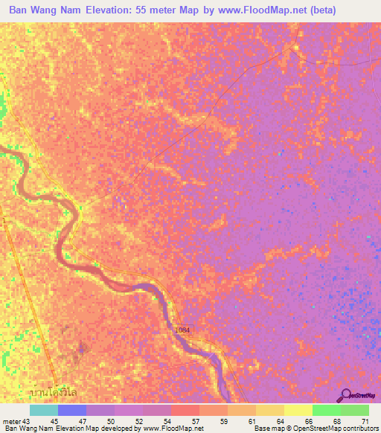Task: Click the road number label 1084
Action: pos(183,330)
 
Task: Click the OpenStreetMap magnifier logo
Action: pos(345,395)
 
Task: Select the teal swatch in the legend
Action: pos(44,410)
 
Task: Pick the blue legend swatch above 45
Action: pos(72,410)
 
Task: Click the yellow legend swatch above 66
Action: pos(298,410)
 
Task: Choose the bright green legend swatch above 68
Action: pos(327,410)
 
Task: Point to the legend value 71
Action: pos(365,420)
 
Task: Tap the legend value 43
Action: pos(28,420)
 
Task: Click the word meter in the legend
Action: pos(11,420)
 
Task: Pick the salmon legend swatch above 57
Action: pos(185,410)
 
